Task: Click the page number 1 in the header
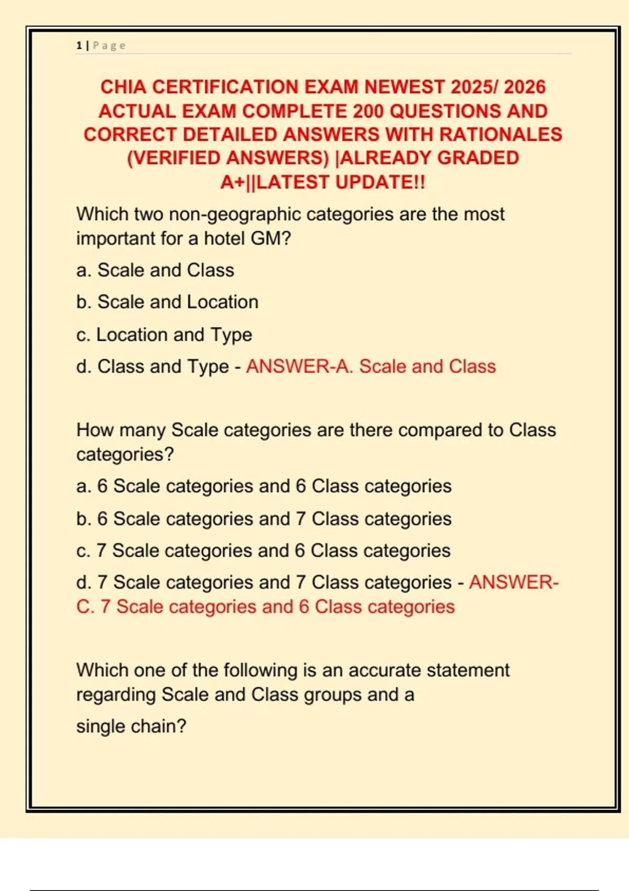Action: point(79,46)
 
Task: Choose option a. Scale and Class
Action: point(155,270)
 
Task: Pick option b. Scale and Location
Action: point(167,302)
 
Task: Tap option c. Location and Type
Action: point(164,335)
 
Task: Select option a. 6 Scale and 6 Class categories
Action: point(264,486)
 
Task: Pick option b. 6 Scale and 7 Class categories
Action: point(264,519)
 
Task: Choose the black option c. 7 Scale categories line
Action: point(263,551)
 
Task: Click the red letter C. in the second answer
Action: point(85,607)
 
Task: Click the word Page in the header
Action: point(109,46)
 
